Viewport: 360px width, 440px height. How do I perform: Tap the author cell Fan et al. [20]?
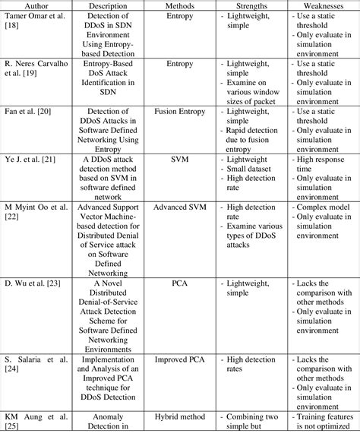pyautogui.click(x=28, y=112)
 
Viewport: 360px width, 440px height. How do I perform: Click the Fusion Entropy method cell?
pyautogui.click(x=179, y=112)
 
